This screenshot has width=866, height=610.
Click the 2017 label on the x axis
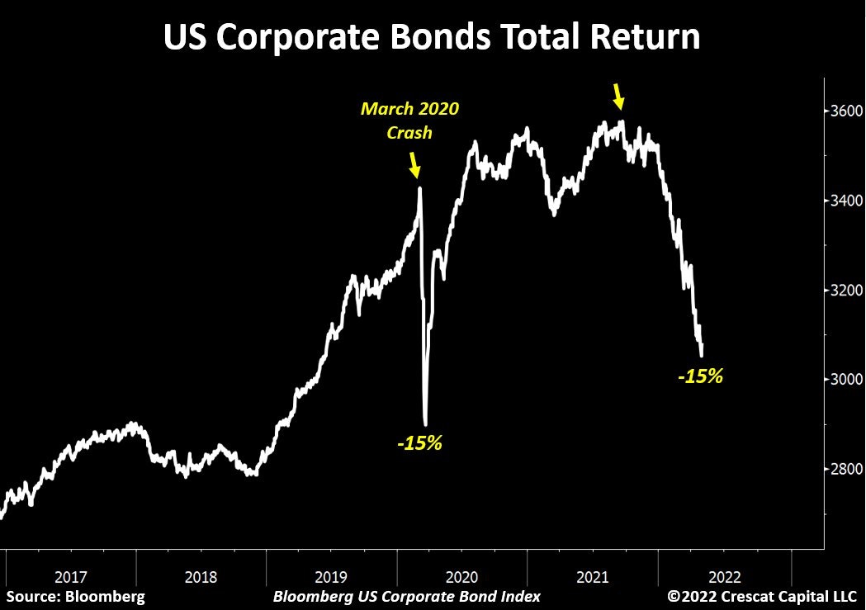[x=72, y=575]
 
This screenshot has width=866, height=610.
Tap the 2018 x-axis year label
[x=201, y=575]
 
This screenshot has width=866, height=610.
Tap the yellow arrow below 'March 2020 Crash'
[x=414, y=168]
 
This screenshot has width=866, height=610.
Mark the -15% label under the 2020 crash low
[x=419, y=443]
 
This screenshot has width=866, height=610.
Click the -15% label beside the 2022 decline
[x=700, y=377]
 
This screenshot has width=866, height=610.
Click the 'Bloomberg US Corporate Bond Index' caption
[x=406, y=596]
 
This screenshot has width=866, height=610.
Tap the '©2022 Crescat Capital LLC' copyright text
[x=762, y=596]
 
